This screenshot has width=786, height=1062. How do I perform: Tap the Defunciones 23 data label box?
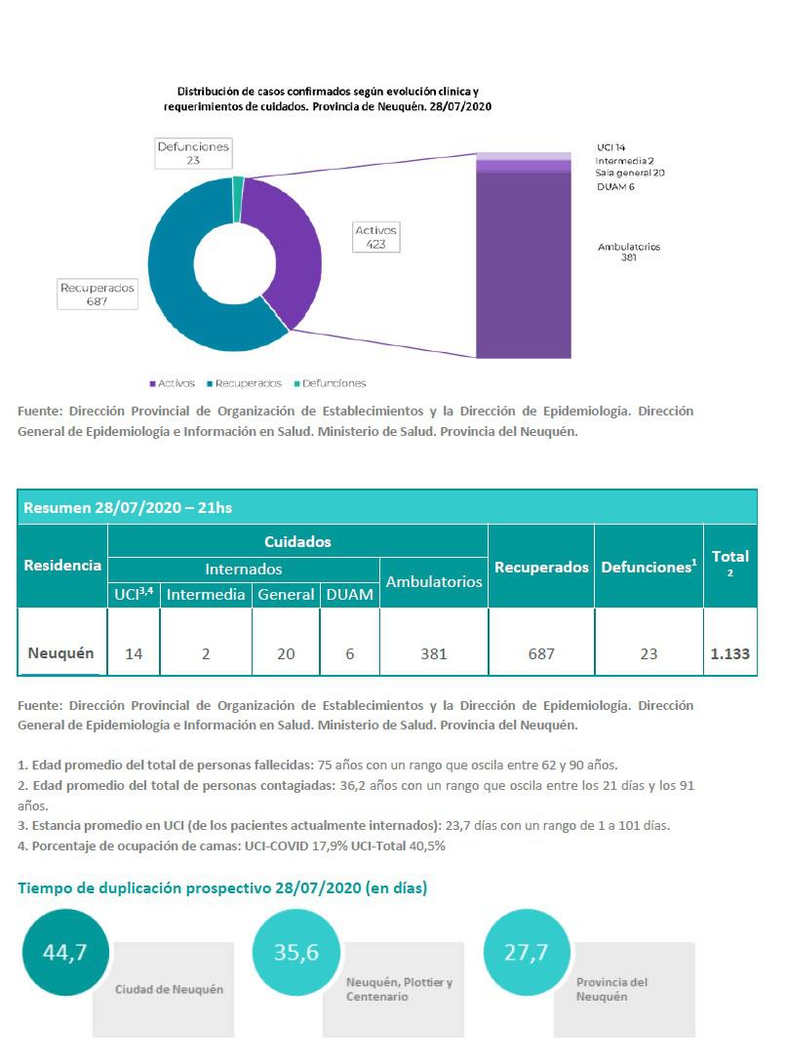pos(193,153)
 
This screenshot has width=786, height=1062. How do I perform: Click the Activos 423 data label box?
pos(375,237)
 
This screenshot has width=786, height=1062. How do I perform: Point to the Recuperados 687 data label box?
pos(98,295)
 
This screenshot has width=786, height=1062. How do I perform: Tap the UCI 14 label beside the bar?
pos(611,147)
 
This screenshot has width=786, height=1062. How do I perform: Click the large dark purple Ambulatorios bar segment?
pos(523,263)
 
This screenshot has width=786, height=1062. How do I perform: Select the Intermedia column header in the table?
pos(206,594)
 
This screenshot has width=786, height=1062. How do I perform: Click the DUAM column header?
pos(349,594)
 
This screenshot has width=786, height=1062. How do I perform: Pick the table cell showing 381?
pos(433,653)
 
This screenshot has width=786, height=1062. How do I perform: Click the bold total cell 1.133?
pos(729,653)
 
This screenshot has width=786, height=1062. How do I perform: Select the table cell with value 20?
pos(286,653)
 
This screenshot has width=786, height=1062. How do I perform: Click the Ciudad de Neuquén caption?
pos(169,989)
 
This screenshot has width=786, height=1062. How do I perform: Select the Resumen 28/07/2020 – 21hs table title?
pos(128,507)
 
